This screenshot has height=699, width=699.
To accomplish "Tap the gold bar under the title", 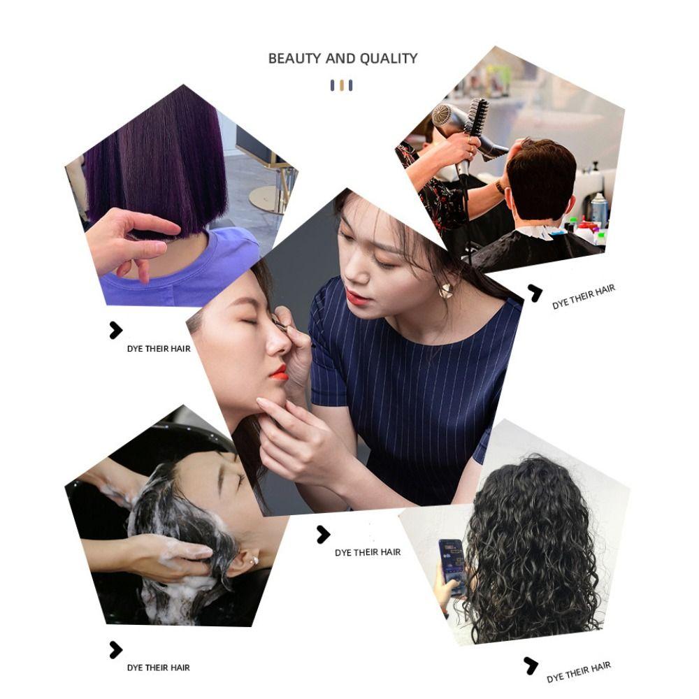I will tap(341, 85).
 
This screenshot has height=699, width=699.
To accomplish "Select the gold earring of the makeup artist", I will tap(445, 291).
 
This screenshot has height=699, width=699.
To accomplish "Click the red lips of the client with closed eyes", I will tap(279, 373).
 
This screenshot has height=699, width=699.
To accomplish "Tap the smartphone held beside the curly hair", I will tap(452, 566).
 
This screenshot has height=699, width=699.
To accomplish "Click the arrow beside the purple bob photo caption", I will tap(115, 331).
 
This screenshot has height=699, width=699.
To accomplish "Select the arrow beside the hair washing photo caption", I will tap(115, 650).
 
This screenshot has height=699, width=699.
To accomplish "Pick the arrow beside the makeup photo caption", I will tap(322, 535).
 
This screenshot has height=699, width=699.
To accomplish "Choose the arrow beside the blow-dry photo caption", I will tap(535, 293).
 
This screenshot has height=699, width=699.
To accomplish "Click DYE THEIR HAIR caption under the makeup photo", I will tap(368, 552).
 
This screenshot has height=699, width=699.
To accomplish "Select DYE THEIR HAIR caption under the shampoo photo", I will tap(158, 668).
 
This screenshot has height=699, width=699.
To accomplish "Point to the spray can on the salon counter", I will tap(598, 210).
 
